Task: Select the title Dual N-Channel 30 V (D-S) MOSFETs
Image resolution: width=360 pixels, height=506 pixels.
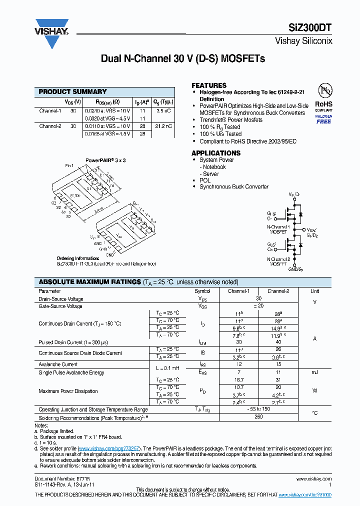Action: pos(182,59)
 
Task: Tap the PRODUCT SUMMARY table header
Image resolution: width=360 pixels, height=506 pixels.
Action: pos(73,92)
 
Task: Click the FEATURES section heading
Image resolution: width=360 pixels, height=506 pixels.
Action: pos(209,85)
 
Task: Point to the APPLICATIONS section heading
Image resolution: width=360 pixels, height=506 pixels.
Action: pos(216,153)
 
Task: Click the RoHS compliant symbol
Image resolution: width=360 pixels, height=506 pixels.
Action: pos(323,97)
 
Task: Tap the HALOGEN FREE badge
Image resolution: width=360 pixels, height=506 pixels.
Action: pos(323,119)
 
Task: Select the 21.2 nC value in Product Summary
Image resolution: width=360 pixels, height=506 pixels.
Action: pos(163,126)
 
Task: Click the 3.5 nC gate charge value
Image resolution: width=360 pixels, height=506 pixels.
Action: pos(163,111)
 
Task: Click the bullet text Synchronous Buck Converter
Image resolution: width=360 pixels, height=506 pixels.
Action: pos(234,187)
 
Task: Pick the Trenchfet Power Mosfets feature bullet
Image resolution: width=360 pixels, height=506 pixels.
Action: pos(231,120)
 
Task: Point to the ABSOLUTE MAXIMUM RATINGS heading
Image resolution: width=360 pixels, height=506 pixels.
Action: pos(90,282)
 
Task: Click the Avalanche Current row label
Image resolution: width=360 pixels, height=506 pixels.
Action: pos(58,364)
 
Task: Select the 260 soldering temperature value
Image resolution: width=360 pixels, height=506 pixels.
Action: pos(258,416)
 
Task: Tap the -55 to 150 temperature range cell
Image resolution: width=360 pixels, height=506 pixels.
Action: pos(258,409)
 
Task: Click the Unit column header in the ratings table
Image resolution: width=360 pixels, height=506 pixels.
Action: pos(314,291)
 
